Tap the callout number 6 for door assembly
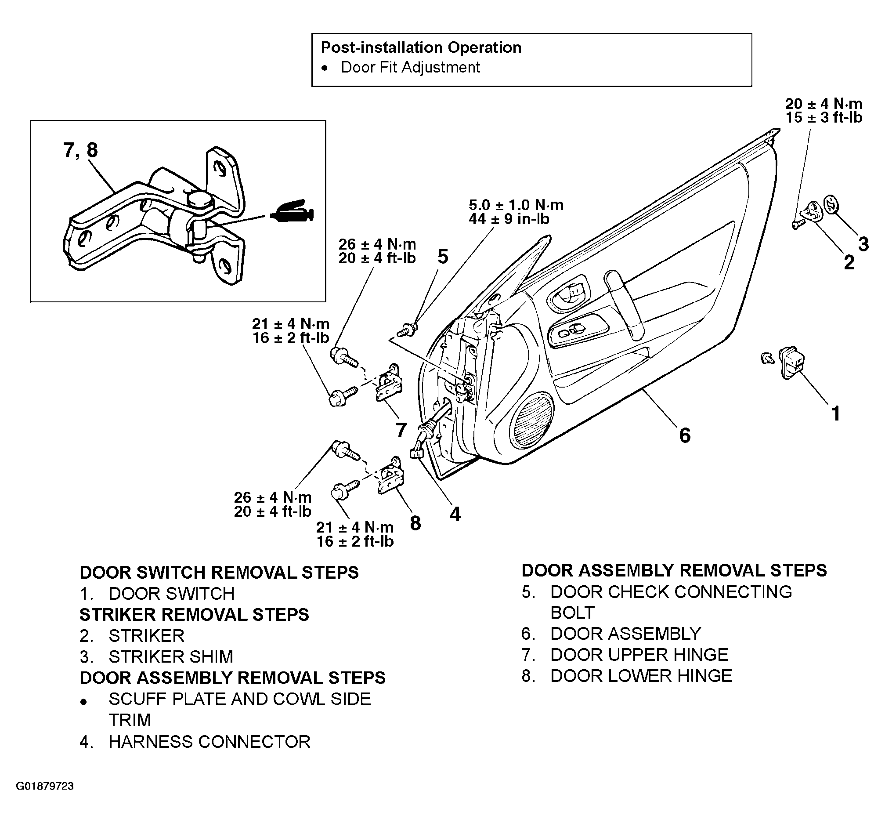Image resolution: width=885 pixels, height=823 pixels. coord(685,435)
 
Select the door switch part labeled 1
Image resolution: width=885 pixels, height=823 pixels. coord(792,363)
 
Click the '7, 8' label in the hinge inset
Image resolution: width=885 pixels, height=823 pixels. coord(80,150)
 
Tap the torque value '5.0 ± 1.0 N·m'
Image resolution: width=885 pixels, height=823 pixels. coord(516,205)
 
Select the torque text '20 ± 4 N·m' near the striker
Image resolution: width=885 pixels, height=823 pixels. coord(823,104)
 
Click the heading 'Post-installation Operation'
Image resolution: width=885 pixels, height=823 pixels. coord(421,47)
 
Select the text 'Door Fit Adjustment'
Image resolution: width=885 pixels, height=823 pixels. coord(411,68)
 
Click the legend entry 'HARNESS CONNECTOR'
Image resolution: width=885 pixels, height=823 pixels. coord(209,742)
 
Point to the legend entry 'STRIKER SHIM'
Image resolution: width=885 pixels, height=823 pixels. coord(171,657)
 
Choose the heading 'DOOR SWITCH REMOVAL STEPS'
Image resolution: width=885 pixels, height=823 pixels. coord(219,573)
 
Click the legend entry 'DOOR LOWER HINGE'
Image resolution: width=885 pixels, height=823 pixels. coord(642,676)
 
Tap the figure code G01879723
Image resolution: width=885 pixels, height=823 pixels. coord(45,798)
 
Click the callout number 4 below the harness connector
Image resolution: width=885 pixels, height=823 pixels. coord(455,515)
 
